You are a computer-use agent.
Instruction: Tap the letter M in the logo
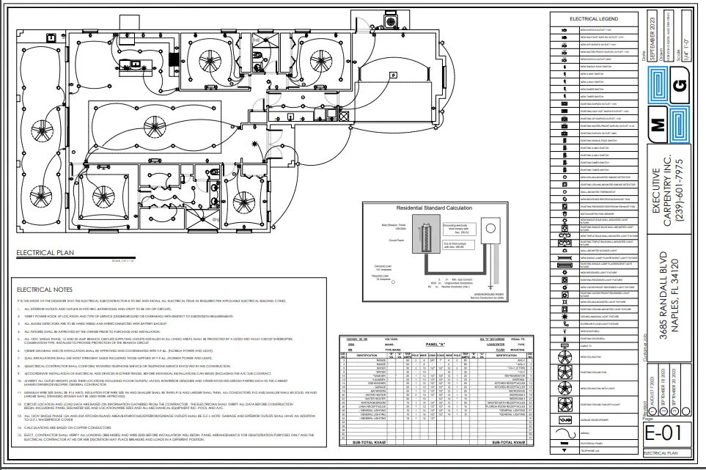658,124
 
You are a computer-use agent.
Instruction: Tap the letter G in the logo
679,84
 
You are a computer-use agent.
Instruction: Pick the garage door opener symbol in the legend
565,418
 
